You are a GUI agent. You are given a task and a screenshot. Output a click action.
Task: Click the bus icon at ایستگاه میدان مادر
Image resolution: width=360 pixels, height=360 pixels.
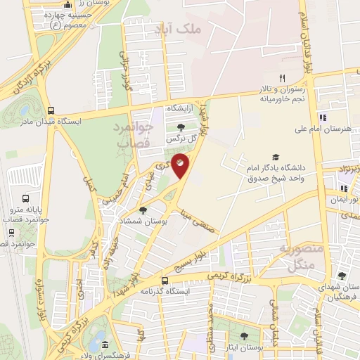[x=51, y=110]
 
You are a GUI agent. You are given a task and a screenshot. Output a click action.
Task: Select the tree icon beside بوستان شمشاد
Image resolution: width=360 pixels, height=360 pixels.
[x=143, y=210]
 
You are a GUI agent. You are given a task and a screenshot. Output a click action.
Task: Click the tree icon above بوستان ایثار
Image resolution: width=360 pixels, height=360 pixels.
[x=244, y=336]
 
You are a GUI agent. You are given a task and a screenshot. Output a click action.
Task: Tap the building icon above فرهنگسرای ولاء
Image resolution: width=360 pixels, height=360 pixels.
[x=104, y=345]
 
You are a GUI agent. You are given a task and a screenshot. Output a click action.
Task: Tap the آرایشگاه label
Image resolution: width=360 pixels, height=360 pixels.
[x=179, y=110]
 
